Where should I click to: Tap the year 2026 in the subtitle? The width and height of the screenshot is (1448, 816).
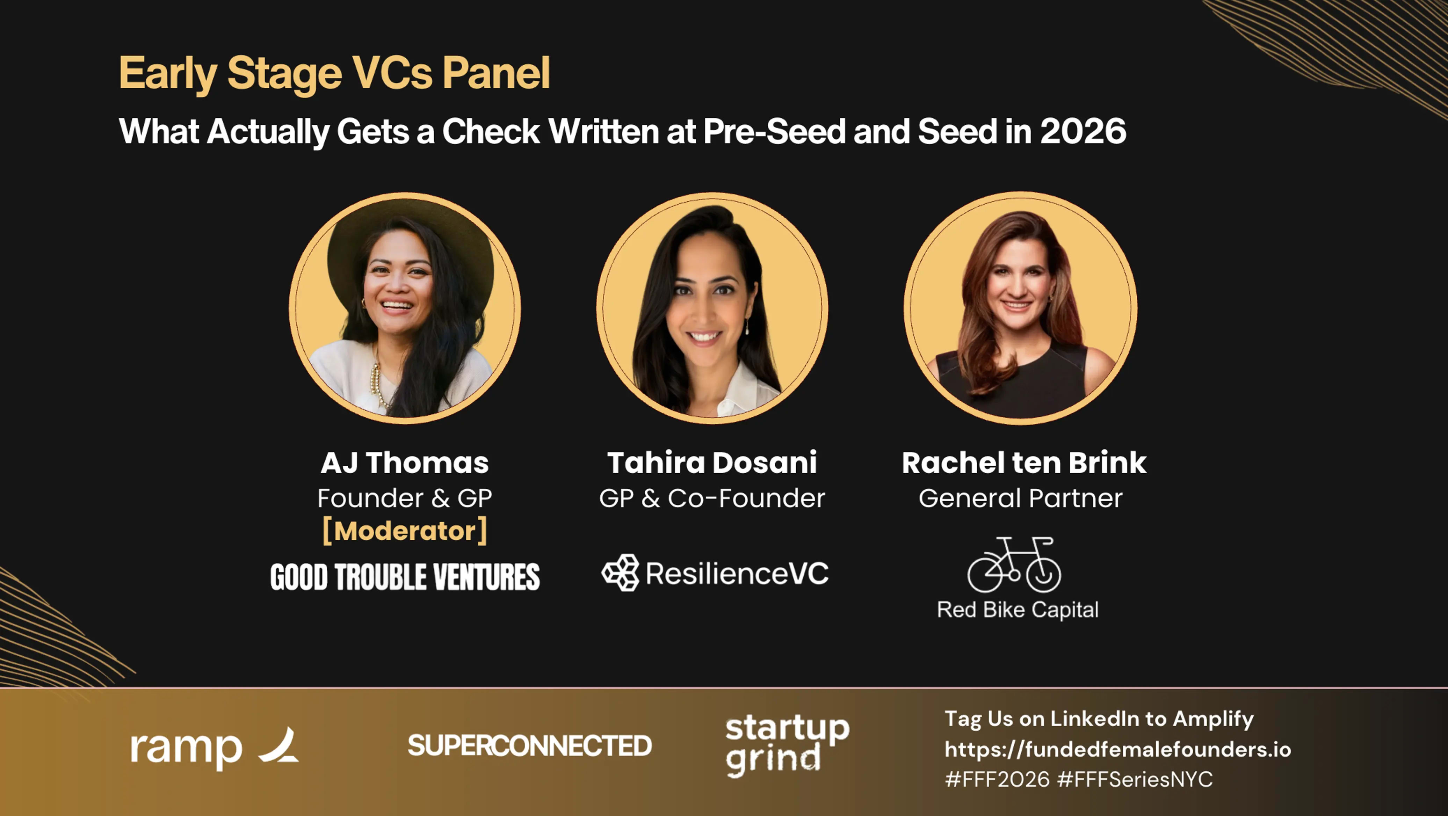point(1083,131)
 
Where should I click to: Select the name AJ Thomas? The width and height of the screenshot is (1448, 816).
point(405,463)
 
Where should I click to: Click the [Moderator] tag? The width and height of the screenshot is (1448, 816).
point(405,531)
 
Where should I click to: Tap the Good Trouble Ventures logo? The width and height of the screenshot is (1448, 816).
point(405,577)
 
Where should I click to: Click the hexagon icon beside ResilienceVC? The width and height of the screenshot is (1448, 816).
point(621,573)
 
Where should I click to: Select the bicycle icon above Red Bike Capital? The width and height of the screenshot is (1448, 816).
point(1014,565)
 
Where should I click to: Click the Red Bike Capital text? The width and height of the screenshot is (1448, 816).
point(1018,610)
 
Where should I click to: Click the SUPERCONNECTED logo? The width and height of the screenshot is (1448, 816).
point(529,746)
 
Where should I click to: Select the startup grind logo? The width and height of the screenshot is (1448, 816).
point(787,746)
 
